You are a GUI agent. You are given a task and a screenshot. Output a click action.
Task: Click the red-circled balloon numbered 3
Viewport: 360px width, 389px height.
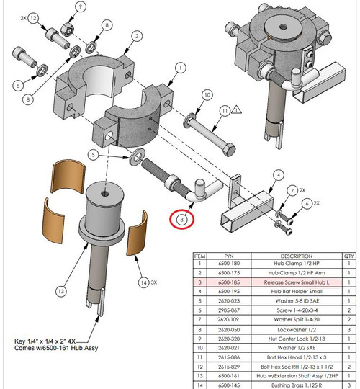[x=182, y=219]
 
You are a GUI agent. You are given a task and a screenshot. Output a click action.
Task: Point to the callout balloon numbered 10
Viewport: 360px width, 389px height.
[x=206, y=95]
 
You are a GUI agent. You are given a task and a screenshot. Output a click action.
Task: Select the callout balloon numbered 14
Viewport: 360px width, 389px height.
[x=145, y=282]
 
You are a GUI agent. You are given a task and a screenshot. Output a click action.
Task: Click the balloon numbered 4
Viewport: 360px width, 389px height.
[x=275, y=174]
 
